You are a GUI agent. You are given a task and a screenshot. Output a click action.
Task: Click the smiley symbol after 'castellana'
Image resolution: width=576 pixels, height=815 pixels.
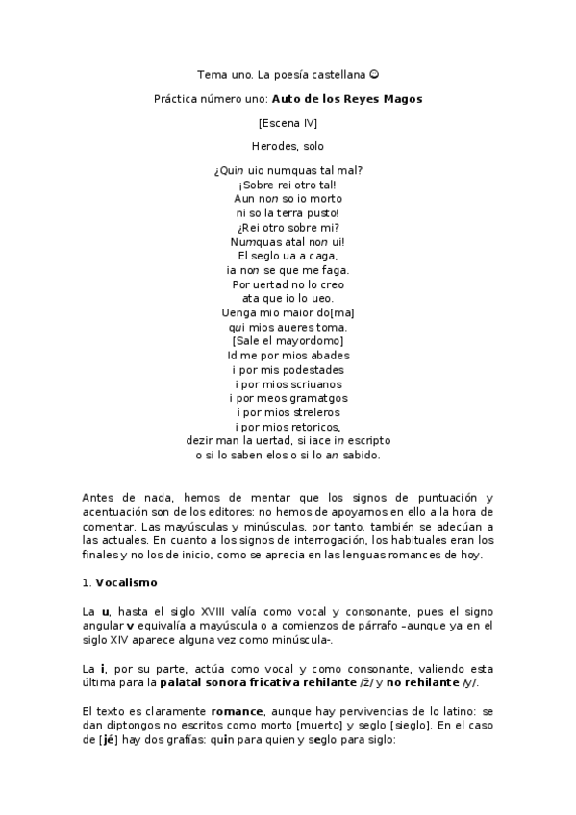[x=375, y=74]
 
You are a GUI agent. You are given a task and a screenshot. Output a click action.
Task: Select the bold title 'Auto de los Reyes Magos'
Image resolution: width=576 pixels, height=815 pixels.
[x=347, y=98]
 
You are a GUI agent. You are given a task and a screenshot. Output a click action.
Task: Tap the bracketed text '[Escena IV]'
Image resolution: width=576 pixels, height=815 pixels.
[x=288, y=123]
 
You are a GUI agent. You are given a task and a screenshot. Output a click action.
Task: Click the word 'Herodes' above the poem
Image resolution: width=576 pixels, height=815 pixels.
[x=272, y=147]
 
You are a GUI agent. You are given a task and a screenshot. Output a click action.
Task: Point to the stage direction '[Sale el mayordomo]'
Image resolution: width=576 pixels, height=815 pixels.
[x=288, y=340]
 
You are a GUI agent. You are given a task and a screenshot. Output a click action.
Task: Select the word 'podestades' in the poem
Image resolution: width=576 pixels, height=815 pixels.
[x=313, y=369]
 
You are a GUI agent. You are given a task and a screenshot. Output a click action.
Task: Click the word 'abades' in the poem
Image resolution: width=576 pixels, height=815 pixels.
[x=319, y=355]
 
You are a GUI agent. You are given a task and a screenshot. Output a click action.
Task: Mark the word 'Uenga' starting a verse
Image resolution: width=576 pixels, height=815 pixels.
[x=237, y=311]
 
